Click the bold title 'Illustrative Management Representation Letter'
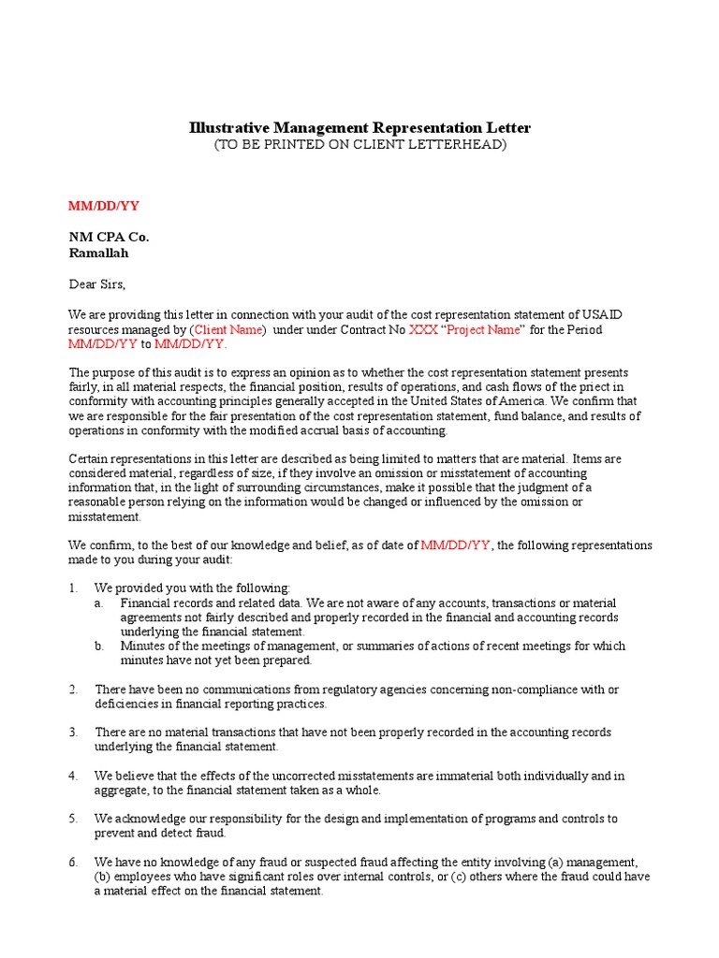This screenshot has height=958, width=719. coord(359,127)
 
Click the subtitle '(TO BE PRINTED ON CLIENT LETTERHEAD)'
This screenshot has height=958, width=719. coord(359,144)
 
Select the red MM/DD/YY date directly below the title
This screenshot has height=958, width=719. coord(105,206)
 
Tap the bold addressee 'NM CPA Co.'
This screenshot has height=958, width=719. coord(109,237)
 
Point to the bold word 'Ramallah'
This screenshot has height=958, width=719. coord(98,253)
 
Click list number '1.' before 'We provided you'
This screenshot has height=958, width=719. coord(74,588)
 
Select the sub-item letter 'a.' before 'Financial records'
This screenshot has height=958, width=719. coord(98,602)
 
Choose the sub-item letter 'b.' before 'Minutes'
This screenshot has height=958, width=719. coord(98,646)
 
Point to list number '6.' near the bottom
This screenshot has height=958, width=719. coord(74,862)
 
